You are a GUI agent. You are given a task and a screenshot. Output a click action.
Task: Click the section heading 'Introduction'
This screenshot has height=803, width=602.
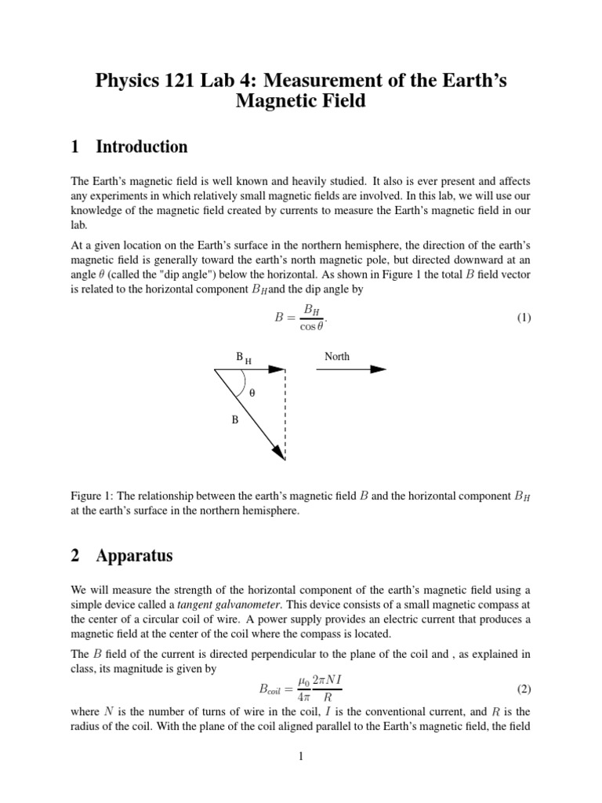141,147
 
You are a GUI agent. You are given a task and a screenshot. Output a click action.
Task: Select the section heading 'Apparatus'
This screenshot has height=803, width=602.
134,556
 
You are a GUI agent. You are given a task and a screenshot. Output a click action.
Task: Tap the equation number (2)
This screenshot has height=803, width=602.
524,689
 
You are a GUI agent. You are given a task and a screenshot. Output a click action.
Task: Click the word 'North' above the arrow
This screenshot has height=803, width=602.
337,356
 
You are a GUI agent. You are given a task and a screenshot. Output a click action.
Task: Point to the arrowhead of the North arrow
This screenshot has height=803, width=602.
379,369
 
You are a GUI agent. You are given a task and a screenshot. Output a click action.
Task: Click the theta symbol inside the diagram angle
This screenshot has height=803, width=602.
252,394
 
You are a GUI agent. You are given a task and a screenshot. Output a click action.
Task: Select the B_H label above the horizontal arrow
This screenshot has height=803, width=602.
244,358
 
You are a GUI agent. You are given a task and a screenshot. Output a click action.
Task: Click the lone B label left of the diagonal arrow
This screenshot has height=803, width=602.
234,420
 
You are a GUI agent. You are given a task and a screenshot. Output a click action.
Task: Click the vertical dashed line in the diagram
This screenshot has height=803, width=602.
285,416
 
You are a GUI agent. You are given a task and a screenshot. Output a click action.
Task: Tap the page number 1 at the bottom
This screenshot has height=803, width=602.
300,756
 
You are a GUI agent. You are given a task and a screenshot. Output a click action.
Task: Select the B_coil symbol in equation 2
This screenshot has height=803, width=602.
274,690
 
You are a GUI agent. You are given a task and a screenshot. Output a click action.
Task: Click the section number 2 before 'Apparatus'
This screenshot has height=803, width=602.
75,556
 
